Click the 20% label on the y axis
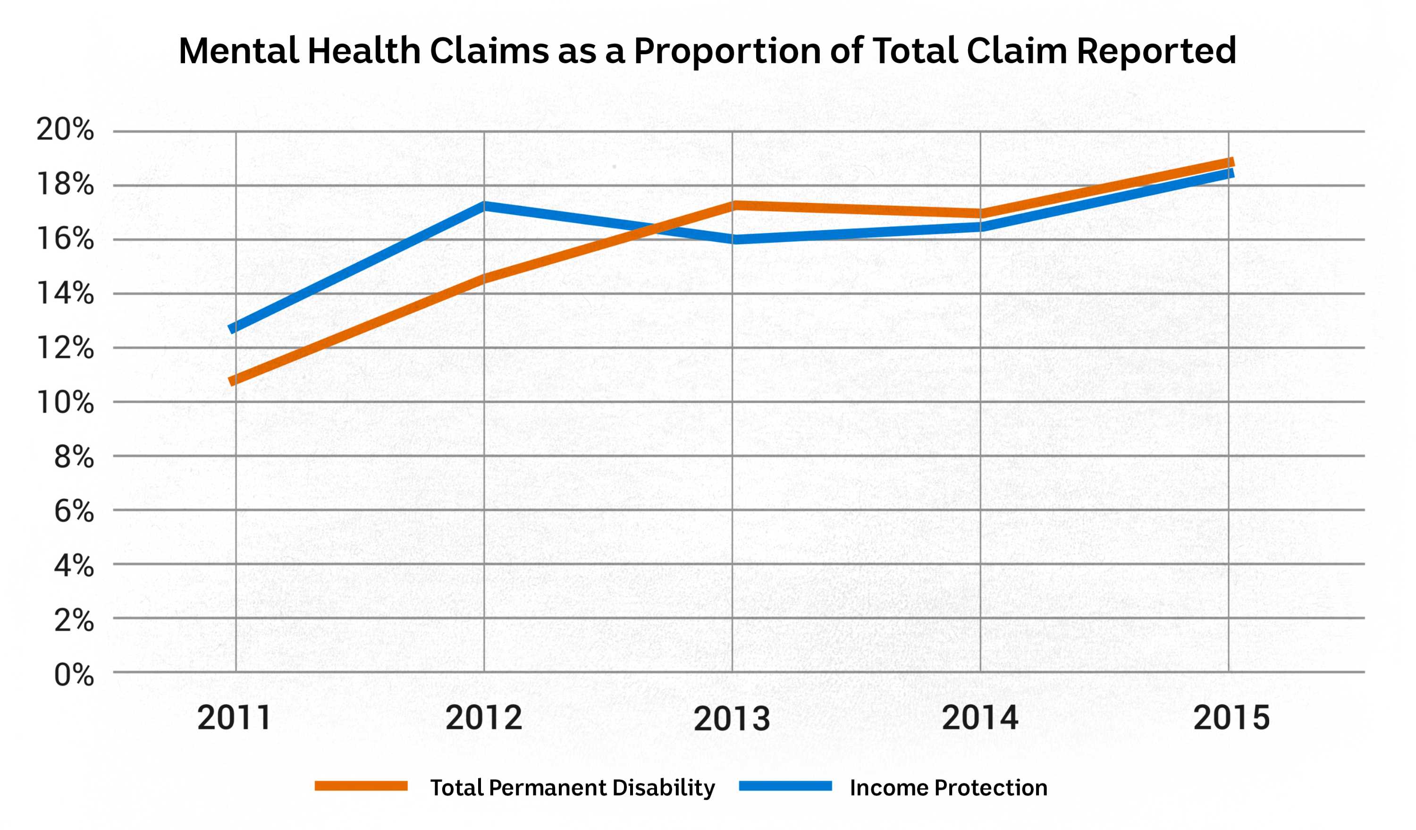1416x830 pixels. click(x=65, y=130)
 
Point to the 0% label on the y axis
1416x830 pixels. click(x=74, y=675)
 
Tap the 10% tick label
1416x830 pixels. click(x=65, y=402)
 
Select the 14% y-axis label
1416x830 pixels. click(x=65, y=293)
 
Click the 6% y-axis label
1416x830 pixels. click(x=74, y=511)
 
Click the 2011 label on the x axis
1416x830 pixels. click(x=234, y=718)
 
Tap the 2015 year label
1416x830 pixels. click(x=1231, y=718)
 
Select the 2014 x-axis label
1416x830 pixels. click(x=980, y=718)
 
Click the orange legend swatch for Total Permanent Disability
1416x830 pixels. click(x=361, y=786)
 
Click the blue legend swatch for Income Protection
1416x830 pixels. click(x=785, y=786)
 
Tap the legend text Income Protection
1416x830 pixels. click(x=949, y=788)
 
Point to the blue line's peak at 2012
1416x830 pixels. click(x=484, y=206)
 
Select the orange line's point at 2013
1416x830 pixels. click(x=732, y=206)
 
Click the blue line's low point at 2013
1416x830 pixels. click(x=732, y=239)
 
